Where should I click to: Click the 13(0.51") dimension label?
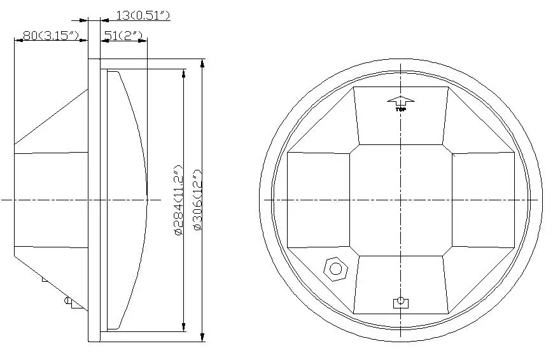click(143, 15)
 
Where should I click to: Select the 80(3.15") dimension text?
click(51, 35)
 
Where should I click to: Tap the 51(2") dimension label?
click(123, 35)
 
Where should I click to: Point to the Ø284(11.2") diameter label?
click(179, 200)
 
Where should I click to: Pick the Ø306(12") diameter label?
click(198, 200)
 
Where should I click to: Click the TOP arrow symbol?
click(401, 101)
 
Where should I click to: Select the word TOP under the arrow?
click(401, 109)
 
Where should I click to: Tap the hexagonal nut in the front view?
click(336, 269)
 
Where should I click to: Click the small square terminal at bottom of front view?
click(401, 303)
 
